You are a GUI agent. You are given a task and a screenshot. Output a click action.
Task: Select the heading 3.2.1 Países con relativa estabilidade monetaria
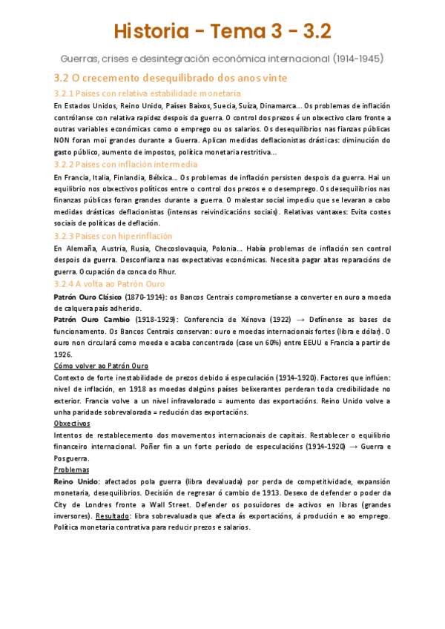[148, 93]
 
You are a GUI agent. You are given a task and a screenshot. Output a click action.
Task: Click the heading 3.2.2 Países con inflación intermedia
[126, 164]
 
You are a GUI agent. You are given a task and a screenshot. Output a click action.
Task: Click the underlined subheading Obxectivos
[72, 423]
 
